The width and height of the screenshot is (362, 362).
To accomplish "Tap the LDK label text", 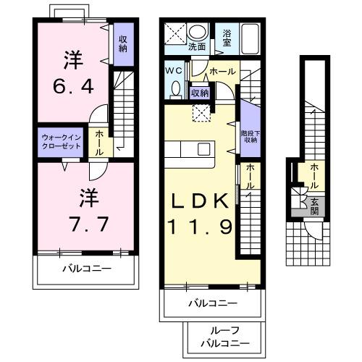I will (201, 201).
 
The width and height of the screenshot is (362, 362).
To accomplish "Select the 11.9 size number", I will (201, 227).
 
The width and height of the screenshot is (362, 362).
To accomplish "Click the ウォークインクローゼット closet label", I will (62, 140).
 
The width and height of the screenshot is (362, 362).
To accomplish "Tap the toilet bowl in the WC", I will (176, 88).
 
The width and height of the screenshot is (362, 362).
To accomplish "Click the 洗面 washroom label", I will (197, 46).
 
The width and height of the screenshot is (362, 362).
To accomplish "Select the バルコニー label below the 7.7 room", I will (85, 269).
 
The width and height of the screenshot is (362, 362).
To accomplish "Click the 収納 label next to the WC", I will (200, 93).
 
